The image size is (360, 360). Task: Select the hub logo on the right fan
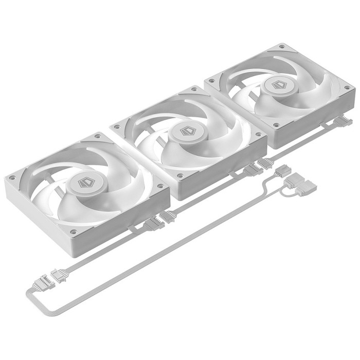pyautogui.click(x=279, y=85)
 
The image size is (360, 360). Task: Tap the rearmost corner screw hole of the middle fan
pyautogui.click(x=194, y=89)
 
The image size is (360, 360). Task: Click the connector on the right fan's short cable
pyautogui.click(x=342, y=122)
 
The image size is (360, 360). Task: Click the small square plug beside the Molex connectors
pyautogui.click(x=283, y=170)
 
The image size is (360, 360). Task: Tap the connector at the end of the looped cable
pyautogui.click(x=45, y=282)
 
